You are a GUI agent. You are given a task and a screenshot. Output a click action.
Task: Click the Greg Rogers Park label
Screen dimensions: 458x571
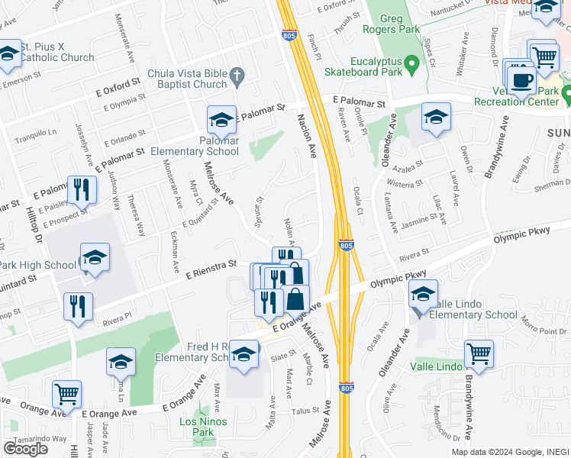pyautogui.click(x=398, y=23)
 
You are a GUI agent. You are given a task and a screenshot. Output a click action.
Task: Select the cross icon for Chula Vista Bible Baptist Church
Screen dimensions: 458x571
pyautogui.click(x=237, y=75)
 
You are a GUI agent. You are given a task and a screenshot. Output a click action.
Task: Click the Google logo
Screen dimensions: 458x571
pyautogui.click(x=25, y=449)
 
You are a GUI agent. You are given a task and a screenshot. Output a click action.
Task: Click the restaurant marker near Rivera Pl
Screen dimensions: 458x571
pyautogui.click(x=78, y=307)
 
